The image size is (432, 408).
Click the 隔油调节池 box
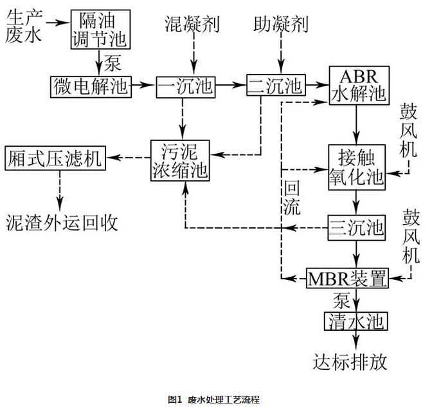[99, 30]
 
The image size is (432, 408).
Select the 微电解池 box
[91, 85]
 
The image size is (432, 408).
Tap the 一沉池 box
[185, 85]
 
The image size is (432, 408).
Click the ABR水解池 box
[358, 85]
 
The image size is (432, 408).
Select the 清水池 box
[355, 320]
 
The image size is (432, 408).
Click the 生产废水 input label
[24, 28]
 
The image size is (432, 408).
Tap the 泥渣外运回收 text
[62, 221]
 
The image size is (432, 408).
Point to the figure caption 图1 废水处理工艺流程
[214, 399]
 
